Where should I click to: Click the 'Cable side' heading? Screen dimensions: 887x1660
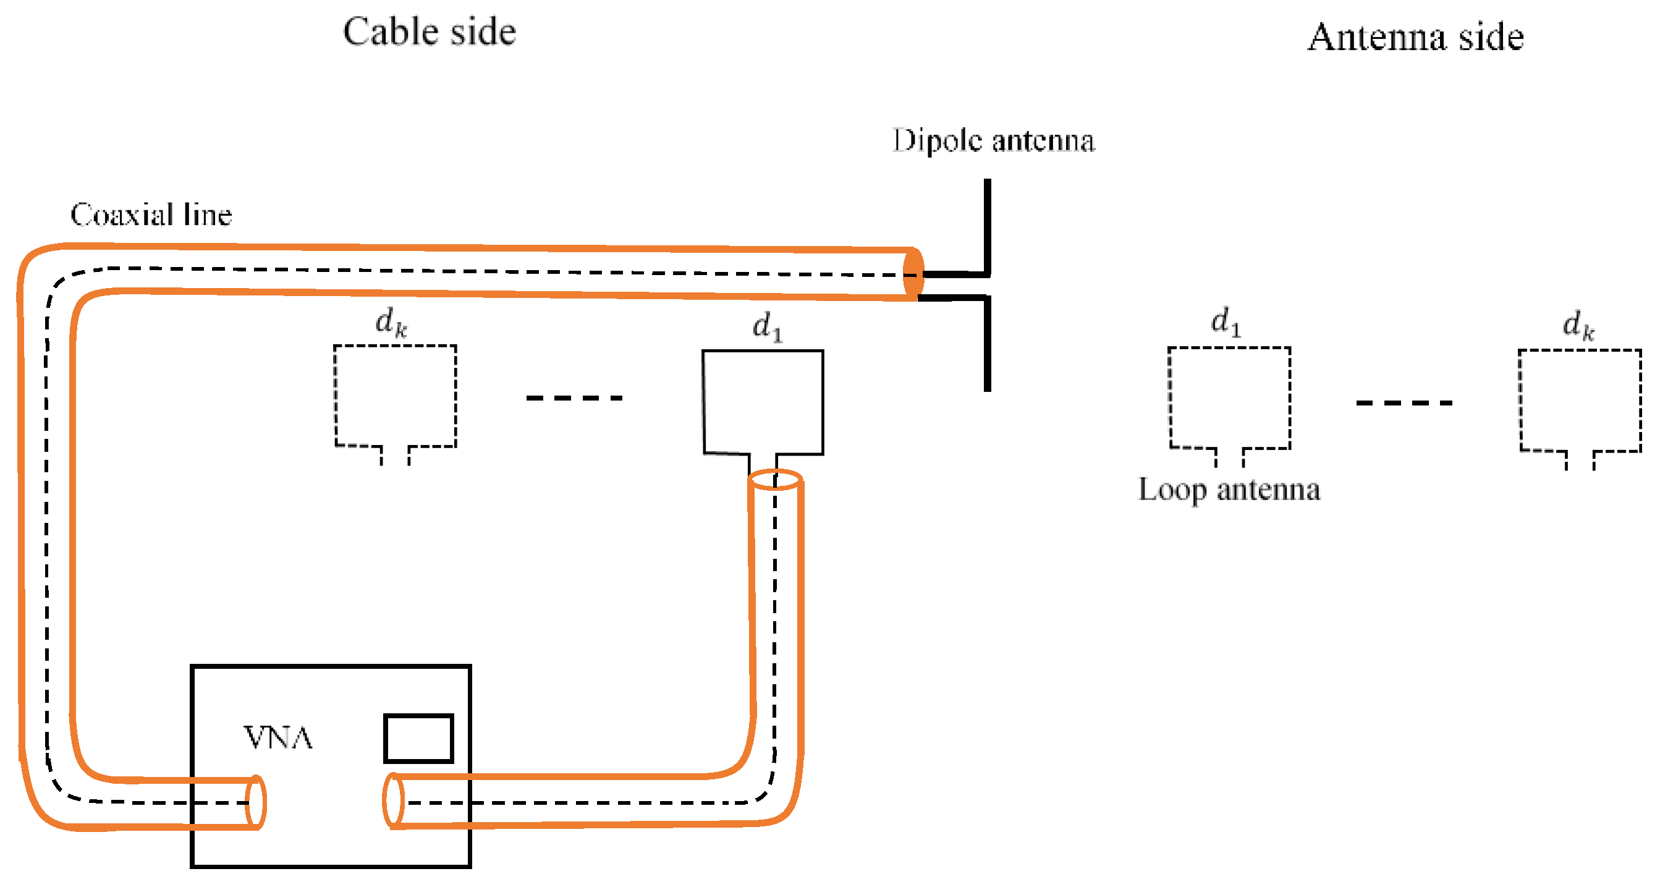click(x=429, y=32)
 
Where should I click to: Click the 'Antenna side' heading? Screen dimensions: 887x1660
click(x=1415, y=37)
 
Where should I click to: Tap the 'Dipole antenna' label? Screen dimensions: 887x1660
click(x=993, y=140)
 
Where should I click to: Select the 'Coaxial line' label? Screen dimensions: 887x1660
click(x=151, y=214)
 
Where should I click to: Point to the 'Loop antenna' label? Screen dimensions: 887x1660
click(x=1229, y=490)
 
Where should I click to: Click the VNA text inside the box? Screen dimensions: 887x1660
click(x=277, y=737)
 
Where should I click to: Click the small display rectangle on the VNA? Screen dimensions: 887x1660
click(x=418, y=738)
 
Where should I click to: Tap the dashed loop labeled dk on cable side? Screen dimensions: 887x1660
click(x=395, y=396)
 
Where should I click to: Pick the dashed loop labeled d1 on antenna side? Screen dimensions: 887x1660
click(x=1229, y=398)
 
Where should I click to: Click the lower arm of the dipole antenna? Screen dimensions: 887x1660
click(x=987, y=348)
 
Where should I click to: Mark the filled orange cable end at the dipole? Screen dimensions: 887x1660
click(x=913, y=274)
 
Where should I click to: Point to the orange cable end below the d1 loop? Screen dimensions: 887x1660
click(x=775, y=480)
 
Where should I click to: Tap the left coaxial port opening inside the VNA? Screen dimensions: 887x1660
click(x=256, y=802)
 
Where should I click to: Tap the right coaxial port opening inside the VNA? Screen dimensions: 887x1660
click(x=393, y=800)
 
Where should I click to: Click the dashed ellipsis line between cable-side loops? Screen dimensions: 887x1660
click(x=574, y=397)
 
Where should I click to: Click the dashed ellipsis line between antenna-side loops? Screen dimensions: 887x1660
click(x=1404, y=403)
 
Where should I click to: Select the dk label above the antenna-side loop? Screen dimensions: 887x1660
click(x=1578, y=325)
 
